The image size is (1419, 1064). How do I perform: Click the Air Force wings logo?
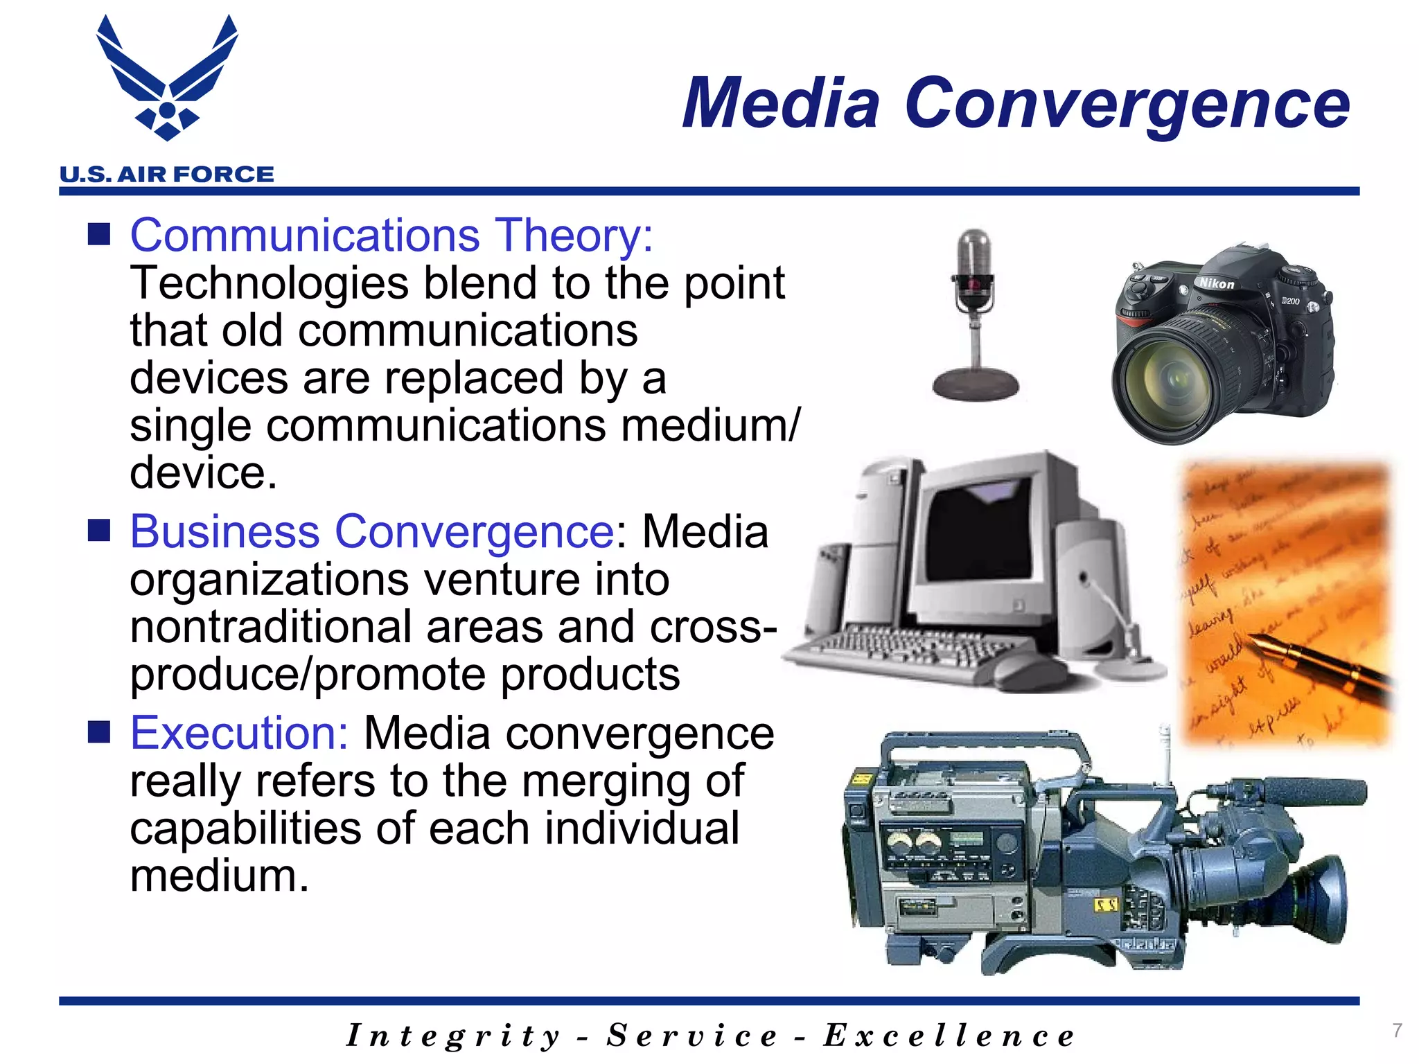click(167, 80)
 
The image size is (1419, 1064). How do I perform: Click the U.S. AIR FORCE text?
click(167, 175)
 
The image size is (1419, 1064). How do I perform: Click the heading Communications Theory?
click(391, 236)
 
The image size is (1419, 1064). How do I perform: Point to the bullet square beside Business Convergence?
click(99, 531)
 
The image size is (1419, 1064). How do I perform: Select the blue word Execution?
click(239, 733)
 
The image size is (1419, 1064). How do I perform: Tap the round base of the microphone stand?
click(976, 384)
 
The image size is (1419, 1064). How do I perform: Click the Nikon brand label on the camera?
click(1217, 283)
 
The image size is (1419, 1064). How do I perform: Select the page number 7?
click(1397, 1030)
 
